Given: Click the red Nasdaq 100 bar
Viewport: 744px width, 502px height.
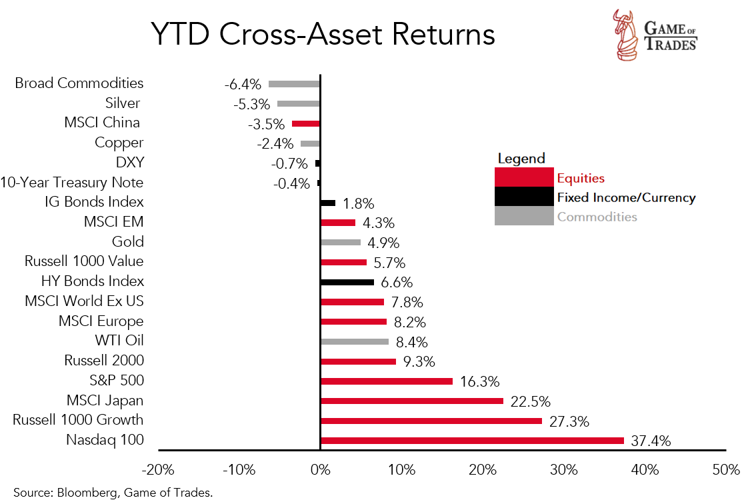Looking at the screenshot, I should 472,441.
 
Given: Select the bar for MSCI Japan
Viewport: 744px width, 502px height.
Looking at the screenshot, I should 412,401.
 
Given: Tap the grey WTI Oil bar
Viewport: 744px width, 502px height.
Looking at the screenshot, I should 355,341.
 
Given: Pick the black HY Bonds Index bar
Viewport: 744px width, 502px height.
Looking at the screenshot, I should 347,282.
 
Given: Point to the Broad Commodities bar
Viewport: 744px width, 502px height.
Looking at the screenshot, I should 294,84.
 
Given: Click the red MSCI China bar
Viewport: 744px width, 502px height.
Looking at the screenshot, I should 306,123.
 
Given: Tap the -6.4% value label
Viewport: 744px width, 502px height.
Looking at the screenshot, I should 243,85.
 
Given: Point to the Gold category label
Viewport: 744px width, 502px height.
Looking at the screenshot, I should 128,241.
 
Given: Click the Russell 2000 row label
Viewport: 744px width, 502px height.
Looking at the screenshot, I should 104,361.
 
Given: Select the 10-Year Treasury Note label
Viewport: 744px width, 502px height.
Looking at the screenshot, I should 72,182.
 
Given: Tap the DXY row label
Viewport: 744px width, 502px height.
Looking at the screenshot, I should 129,163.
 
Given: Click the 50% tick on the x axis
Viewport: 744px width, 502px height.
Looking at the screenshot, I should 725,469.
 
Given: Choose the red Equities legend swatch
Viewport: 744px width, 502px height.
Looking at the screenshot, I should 524,177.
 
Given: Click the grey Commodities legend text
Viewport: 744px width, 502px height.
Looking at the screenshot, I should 597,217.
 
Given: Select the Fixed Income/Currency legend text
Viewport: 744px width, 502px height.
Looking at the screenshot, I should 626,197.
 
